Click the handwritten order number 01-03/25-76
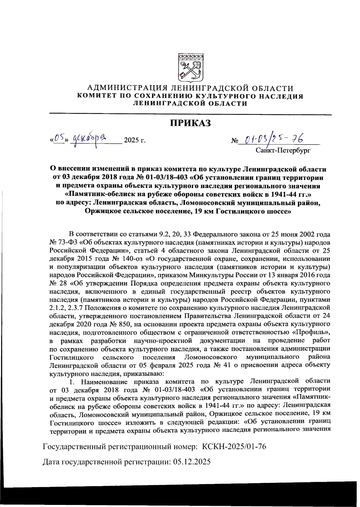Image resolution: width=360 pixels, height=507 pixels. tap(274, 139)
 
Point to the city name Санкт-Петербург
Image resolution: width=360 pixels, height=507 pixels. tap(283, 150)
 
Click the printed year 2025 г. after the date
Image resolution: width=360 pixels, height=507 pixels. tap(135, 140)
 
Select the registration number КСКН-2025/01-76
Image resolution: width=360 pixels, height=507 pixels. tap(234, 447)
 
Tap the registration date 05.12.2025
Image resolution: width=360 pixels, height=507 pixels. tap(192, 462)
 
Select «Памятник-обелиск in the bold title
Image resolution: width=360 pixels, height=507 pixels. tap(102, 194)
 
